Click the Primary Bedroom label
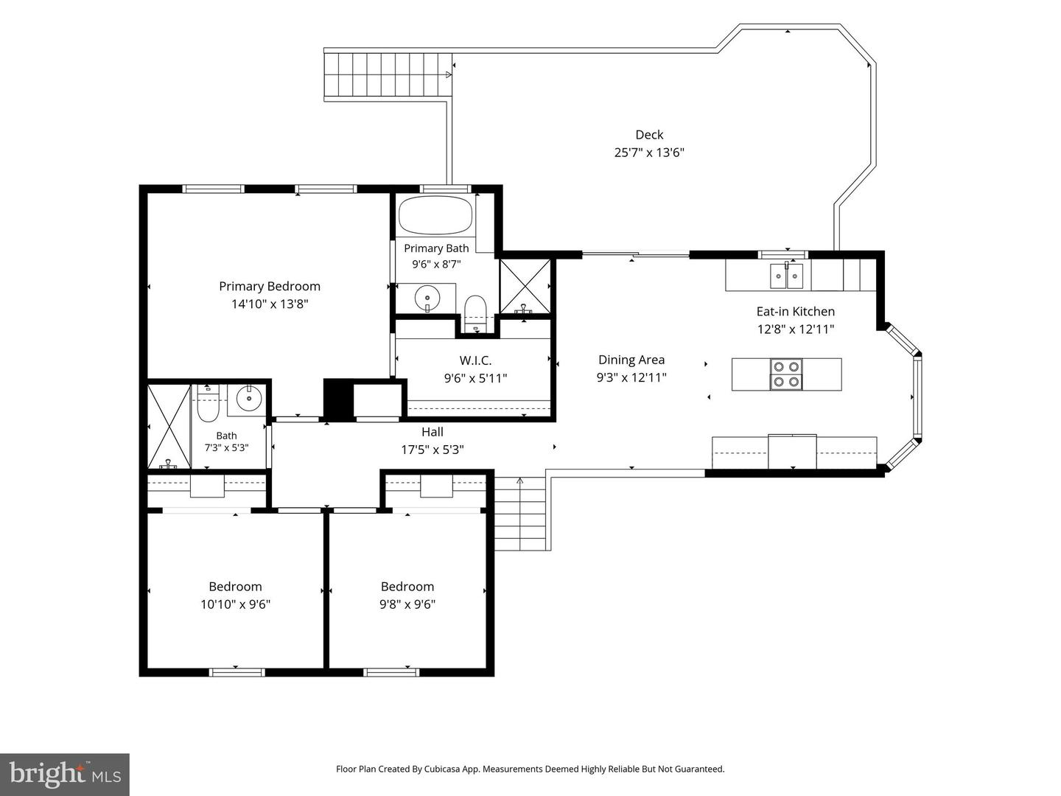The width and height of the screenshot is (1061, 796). pos(269,286)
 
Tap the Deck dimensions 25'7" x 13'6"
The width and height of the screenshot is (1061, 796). pos(649,153)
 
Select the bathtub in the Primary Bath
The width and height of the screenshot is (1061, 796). pos(435,215)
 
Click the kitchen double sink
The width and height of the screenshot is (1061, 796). pos(786,276)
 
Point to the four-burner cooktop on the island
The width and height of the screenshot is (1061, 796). pos(786,374)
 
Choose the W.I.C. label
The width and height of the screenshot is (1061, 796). pos(475,360)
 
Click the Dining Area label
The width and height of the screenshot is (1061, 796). pos(631,360)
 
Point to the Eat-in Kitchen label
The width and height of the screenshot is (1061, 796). pos(796,312)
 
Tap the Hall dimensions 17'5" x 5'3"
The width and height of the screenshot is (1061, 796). pos(432,450)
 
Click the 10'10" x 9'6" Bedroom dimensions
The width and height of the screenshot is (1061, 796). pos(235,604)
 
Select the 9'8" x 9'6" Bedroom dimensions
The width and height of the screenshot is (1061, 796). pos(407,604)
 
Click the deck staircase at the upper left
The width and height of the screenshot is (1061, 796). pos(388,74)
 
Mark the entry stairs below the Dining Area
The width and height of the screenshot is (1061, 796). pos(520,513)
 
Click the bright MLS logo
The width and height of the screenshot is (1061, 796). pos(65,774)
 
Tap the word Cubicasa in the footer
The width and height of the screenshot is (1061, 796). pos(443,769)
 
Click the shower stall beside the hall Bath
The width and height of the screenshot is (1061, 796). pos(169,426)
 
